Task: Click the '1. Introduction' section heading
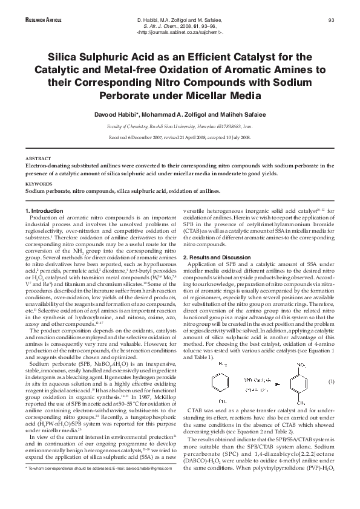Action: coord(47,210)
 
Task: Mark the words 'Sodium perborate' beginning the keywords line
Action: coord(46,190)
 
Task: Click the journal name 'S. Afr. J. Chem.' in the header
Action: coord(161,27)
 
